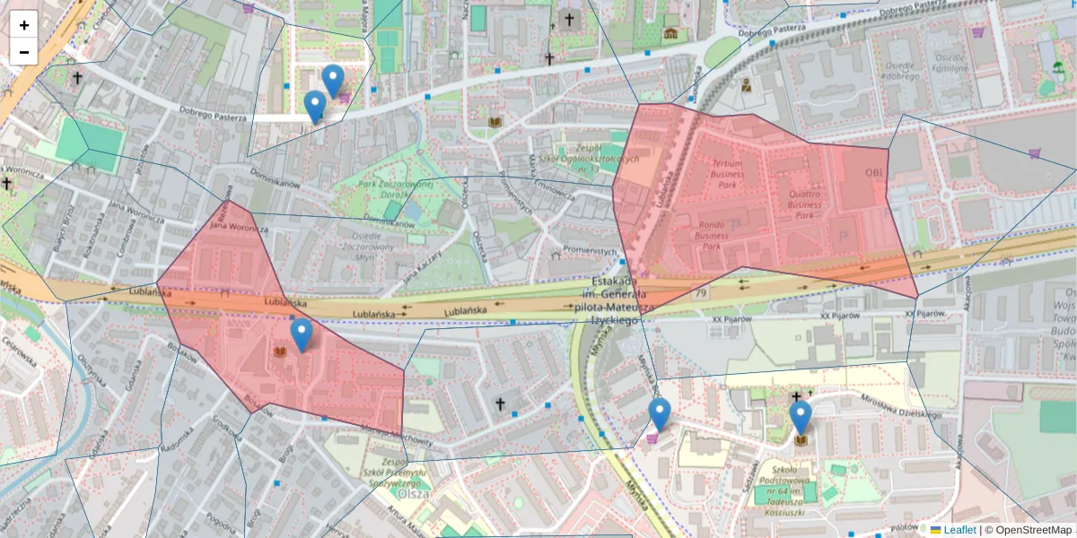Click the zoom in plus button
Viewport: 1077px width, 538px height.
(23, 24)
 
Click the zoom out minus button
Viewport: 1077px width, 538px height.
(23, 52)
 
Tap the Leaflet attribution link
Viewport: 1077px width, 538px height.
(959, 530)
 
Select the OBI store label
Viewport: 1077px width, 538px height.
(874, 171)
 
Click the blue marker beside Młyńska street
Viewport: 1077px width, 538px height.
(660, 415)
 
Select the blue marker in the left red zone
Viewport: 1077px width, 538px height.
(302, 335)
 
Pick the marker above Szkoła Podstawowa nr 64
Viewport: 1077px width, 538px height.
(801, 418)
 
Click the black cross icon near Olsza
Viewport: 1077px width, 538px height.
(501, 404)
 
